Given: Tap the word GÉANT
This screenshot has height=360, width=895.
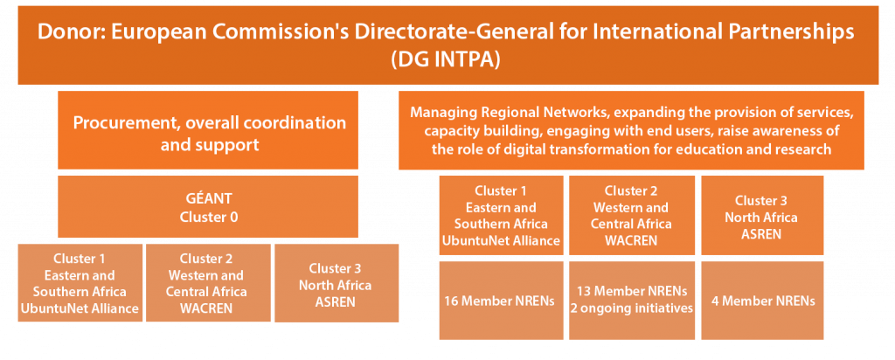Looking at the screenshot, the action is pyautogui.click(x=208, y=199).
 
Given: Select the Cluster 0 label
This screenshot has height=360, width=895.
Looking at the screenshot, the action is pyautogui.click(x=208, y=218).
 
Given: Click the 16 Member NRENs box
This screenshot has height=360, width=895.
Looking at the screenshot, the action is pyautogui.click(x=501, y=301).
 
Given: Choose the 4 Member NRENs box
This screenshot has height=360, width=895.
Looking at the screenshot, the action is pyautogui.click(x=762, y=301).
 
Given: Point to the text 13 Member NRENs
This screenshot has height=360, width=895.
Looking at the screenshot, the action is pyautogui.click(x=632, y=292).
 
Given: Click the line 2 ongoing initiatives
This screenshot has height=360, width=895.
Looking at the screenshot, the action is pyautogui.click(x=632, y=308).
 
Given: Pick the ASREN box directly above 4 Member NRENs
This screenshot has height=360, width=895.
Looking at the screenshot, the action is pyautogui.click(x=762, y=215).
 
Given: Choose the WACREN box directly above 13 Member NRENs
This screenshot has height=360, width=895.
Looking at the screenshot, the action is pyautogui.click(x=632, y=215).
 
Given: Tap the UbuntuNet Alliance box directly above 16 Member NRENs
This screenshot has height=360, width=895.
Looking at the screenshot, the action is pyautogui.click(x=501, y=215).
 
